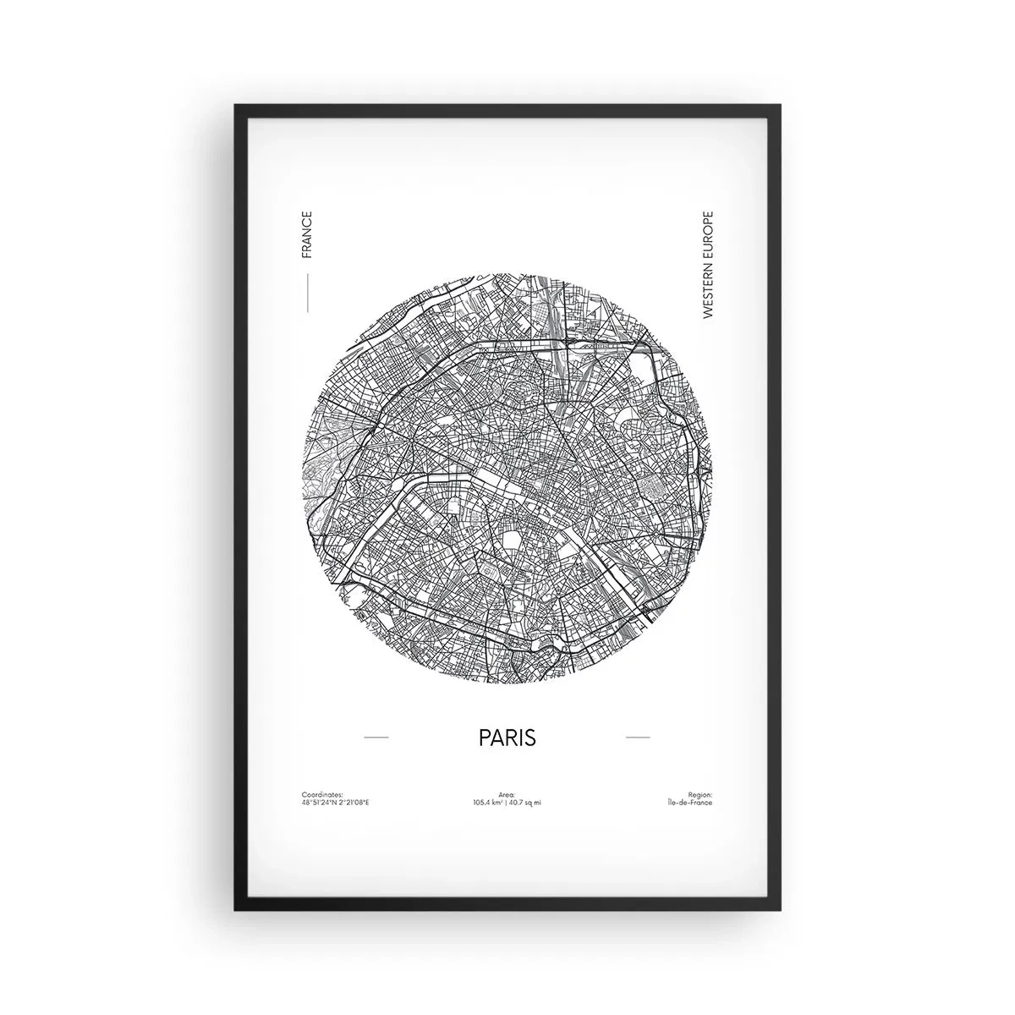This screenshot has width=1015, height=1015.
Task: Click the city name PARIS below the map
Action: click(x=507, y=737)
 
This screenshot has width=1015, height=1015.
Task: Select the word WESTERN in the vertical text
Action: click(x=708, y=287)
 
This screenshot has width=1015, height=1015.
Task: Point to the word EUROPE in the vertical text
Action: click(x=708, y=231)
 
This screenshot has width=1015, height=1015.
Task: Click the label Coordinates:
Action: click(x=322, y=794)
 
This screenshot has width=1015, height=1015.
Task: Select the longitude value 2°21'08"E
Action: click(x=353, y=802)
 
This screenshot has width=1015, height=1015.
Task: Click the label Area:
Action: click(x=507, y=794)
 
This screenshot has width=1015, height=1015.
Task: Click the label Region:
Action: click(x=700, y=794)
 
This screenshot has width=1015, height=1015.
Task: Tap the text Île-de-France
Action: click(x=689, y=802)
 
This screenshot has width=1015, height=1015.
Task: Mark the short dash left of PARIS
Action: click(x=376, y=738)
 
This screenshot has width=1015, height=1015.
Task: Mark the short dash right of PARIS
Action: click(x=638, y=738)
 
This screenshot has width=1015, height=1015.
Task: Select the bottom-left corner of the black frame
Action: click(x=236, y=910)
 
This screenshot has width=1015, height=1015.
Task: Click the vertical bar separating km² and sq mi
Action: click(x=507, y=802)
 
